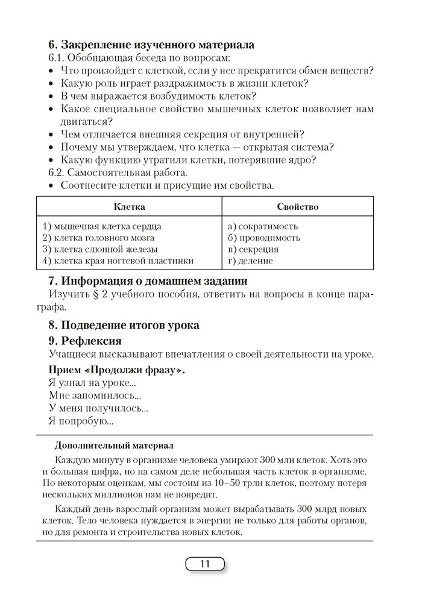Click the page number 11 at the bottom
coord(204,564)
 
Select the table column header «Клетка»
coord(129,207)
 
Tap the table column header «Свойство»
coord(297,207)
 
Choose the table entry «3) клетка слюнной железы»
coord(100,250)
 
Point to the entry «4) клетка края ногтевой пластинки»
coord(118,261)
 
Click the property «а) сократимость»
coord(263,227)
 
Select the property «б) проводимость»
coord(264,238)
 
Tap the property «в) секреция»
coord(253,250)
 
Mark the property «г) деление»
coord(250,261)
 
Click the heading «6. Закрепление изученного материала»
coord(151,45)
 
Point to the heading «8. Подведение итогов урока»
coord(124,325)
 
